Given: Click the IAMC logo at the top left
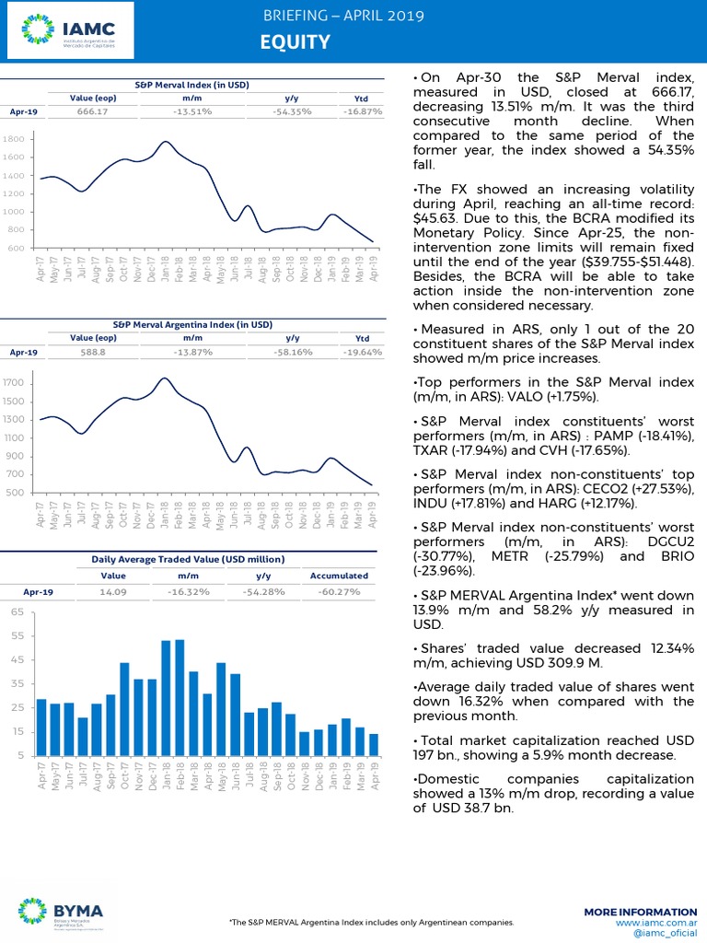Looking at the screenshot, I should pyautogui.click(x=68, y=35).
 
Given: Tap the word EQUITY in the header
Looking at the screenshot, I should pyautogui.click(x=295, y=41).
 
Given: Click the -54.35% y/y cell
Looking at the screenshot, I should pyautogui.click(x=293, y=111).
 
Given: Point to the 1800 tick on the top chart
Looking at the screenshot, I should pyautogui.click(x=14, y=139).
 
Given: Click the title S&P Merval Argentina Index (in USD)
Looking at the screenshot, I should pyautogui.click(x=192, y=325).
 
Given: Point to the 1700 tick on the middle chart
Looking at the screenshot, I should pyautogui.click(x=14, y=383).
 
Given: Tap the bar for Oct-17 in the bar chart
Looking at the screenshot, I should pyautogui.click(x=124, y=708).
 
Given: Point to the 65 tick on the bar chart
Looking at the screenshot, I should pyautogui.click(x=17, y=612).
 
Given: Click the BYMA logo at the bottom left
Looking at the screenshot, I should pyautogui.click(x=61, y=911).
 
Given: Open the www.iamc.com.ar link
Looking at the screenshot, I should pyautogui.click(x=656, y=922).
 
